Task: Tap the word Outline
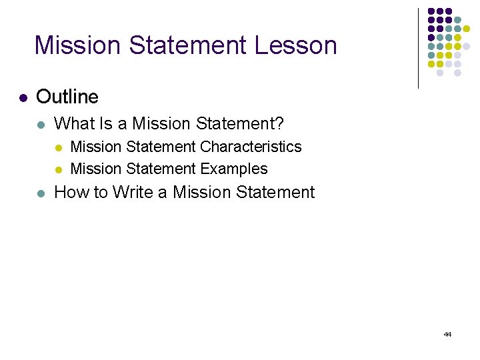pos(67,97)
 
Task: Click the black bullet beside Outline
pos(23,98)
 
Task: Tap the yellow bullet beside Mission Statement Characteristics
pos(59,147)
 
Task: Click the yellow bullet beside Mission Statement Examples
pos(59,170)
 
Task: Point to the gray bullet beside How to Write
pos(41,193)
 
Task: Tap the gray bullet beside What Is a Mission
pos(41,124)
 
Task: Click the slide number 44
pos(447,334)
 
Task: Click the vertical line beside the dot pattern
pos(418,48)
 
